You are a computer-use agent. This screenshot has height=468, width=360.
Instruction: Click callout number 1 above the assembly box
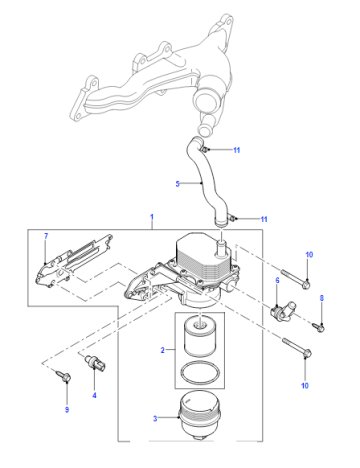coord(152,217)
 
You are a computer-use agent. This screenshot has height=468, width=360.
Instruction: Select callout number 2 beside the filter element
coord(163,350)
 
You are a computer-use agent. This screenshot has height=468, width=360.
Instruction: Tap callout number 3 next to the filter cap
coord(155,418)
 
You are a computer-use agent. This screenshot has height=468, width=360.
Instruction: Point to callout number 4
coord(94,395)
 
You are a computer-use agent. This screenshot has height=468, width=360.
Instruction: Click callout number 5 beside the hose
coord(177,184)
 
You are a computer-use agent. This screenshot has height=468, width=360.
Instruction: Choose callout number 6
coord(277,280)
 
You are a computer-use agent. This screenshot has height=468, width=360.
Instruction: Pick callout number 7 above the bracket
coord(46,236)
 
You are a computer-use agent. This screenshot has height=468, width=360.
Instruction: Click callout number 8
coord(322,298)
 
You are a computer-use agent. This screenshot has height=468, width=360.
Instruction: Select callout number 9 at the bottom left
coord(67,409)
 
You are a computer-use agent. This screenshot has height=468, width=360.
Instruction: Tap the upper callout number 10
coord(309,255)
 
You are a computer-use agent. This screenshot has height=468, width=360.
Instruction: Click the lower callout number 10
coord(305,386)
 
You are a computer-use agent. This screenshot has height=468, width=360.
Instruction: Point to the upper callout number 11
coord(237,150)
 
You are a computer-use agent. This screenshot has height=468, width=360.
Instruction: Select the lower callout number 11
coord(264,219)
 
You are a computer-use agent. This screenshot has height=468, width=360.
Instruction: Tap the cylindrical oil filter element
coord(200,336)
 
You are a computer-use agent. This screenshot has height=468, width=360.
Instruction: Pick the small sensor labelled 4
coord(95,363)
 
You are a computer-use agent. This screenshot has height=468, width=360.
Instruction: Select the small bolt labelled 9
coord(64,376)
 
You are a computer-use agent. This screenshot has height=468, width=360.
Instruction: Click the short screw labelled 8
coord(319,327)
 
